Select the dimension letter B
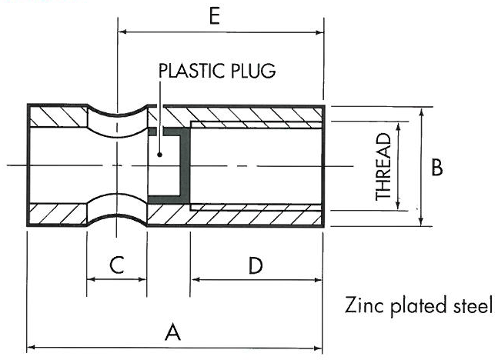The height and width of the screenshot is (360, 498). tap(436, 167)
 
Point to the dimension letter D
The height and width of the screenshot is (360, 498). tap(256, 265)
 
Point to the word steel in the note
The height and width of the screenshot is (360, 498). tap(468, 305)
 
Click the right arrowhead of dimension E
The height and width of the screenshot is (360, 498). tap(319, 32)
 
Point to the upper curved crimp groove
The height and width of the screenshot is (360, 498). tap(115, 115)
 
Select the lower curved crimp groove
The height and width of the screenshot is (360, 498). tap(115, 217)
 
